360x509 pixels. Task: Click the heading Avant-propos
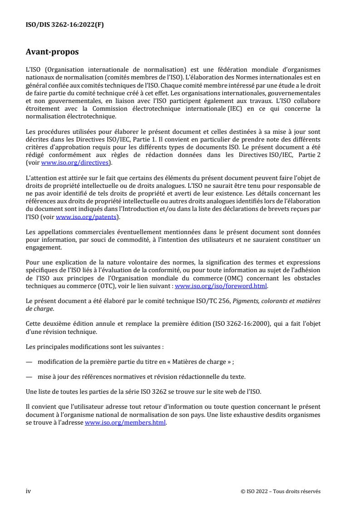click(52, 52)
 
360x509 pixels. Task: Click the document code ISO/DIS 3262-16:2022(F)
click(64, 25)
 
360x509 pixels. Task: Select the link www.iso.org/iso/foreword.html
click(221, 286)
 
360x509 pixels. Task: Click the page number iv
click(28, 491)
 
